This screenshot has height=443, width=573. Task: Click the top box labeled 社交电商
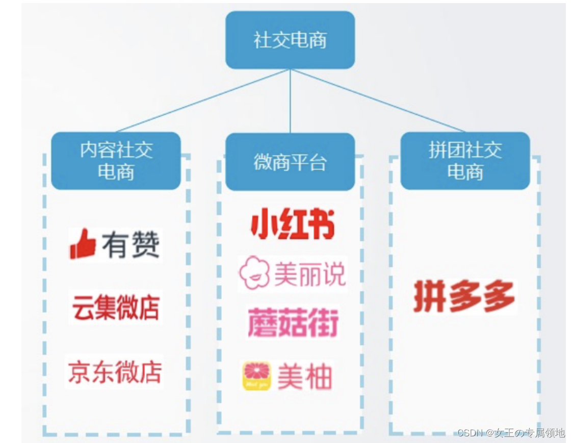(290, 40)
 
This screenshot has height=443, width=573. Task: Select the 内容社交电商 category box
(116, 161)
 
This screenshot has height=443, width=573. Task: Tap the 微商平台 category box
(290, 162)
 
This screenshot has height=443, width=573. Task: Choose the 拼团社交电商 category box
(464, 161)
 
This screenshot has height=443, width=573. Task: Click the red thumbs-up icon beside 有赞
(83, 244)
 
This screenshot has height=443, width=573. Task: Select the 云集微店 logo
(116, 307)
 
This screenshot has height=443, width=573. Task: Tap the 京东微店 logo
(115, 371)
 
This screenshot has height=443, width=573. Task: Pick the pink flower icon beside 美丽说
(254, 274)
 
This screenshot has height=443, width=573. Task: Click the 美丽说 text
(309, 274)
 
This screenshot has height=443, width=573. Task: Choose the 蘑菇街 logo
(293, 323)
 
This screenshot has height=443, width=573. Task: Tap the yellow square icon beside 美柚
(256, 376)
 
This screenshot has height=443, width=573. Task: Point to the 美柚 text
(304, 377)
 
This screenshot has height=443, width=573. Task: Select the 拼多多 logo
(464, 296)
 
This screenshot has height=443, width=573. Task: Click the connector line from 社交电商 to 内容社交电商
(204, 101)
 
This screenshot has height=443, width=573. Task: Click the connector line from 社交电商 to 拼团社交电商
(377, 101)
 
